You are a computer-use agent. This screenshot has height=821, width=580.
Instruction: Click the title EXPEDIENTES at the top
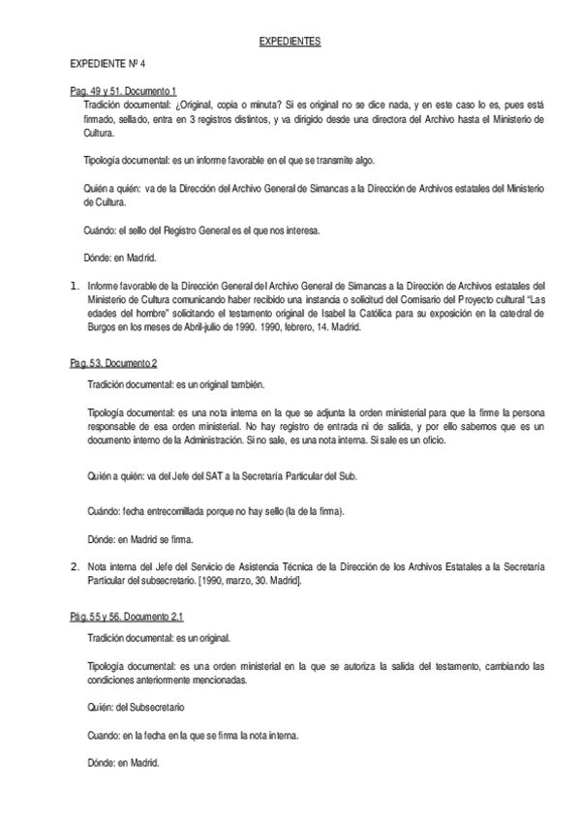tap(290, 44)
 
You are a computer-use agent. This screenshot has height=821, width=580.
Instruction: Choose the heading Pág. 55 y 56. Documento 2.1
tap(126, 615)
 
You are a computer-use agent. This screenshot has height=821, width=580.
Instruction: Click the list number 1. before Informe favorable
tap(74, 286)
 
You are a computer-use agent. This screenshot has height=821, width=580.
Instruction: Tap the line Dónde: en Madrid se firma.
tap(143, 537)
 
